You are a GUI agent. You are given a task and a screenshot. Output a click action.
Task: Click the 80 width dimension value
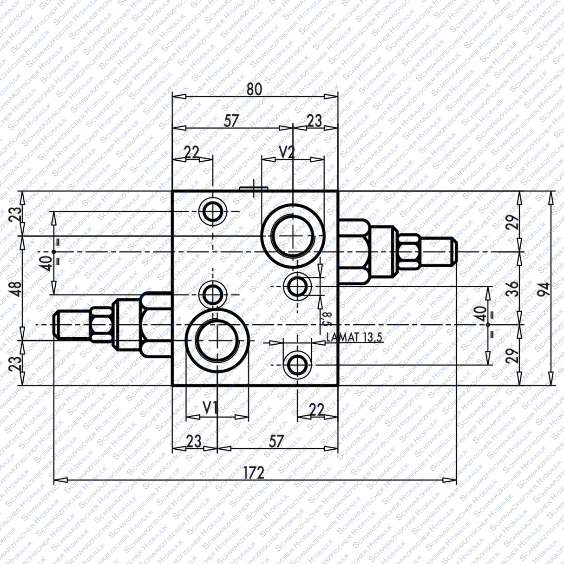254,89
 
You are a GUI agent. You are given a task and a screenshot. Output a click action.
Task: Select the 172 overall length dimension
253,472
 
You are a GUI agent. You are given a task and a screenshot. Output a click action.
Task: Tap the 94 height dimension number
545,289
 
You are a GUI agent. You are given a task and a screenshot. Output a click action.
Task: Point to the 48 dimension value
16,289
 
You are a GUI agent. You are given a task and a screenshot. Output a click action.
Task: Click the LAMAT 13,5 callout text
354,337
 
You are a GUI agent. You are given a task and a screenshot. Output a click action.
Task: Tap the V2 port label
287,152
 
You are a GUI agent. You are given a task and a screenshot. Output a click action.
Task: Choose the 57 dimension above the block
231,121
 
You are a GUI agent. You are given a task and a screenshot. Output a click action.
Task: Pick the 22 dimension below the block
316,409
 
